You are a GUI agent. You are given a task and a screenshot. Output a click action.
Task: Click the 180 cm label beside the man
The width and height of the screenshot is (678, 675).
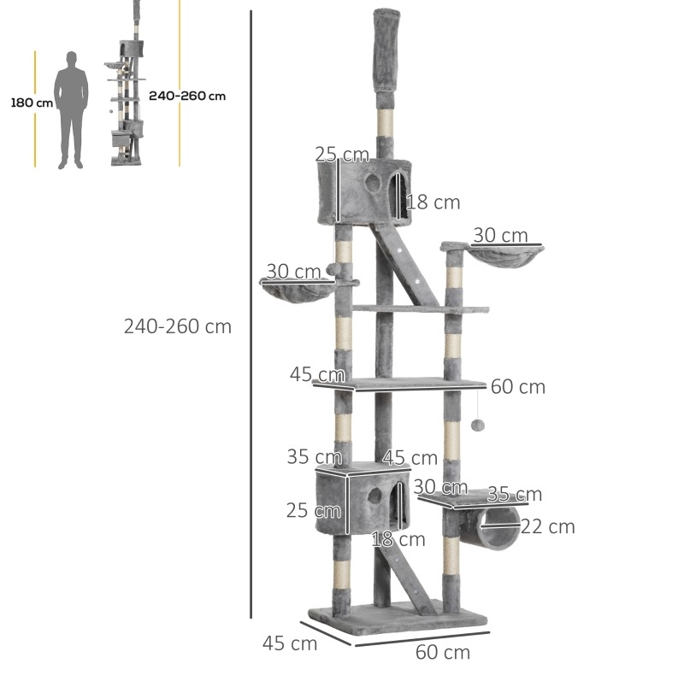click(x=32, y=103)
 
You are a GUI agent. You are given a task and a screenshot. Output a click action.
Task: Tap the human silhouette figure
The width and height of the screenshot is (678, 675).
click(x=71, y=110)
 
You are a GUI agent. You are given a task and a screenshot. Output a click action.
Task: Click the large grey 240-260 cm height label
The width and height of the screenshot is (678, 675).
click(x=178, y=326)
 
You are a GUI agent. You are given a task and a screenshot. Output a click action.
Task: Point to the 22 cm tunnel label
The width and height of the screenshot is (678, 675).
click(x=548, y=526)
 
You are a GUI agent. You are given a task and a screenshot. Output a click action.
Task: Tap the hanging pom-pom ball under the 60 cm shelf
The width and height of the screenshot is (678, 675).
click(x=478, y=425)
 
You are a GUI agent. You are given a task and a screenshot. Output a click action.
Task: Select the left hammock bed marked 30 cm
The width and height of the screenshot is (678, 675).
click(x=298, y=291)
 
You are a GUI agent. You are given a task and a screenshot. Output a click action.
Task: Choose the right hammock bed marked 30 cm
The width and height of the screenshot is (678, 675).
click(x=506, y=255)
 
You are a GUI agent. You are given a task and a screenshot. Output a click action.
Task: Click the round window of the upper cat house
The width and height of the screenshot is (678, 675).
click(x=373, y=183)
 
